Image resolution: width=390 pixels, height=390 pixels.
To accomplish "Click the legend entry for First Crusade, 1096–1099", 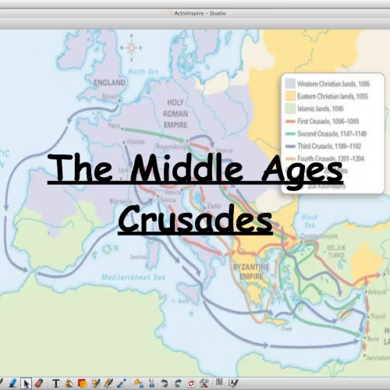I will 331,122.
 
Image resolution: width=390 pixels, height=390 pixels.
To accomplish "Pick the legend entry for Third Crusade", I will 331,146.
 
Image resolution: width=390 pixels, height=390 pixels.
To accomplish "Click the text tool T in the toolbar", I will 57,383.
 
